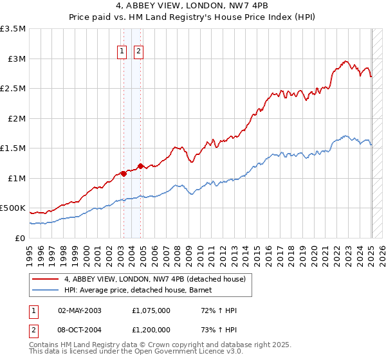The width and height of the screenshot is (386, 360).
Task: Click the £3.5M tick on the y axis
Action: coord(13,29)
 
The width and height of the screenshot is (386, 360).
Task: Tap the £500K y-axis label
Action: coord(13,208)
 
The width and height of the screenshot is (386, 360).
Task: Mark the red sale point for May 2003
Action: coord(124,174)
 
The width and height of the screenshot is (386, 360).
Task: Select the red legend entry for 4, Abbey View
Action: coord(154,279)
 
